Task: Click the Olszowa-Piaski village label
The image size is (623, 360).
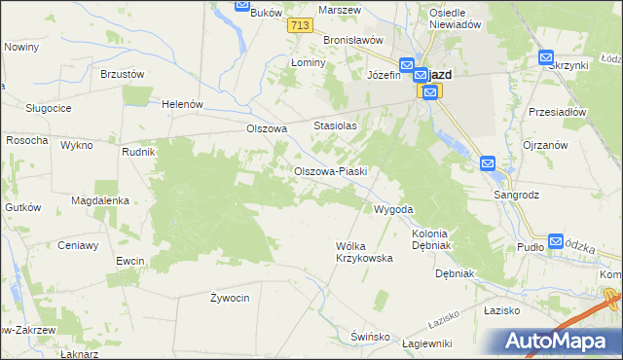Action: point(330,172)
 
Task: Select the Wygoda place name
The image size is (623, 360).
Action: point(394,209)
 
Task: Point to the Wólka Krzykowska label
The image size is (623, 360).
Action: point(363,252)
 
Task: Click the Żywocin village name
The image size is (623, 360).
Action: point(231,297)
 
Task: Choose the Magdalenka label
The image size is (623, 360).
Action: point(100,200)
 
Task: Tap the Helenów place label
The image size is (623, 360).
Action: point(182,104)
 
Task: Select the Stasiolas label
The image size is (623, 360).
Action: point(335,126)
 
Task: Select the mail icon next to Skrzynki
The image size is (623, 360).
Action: point(546,58)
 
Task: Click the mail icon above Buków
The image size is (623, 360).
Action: point(242,4)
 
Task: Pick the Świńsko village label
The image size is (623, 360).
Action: point(370,337)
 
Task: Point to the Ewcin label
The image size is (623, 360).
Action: point(129,261)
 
